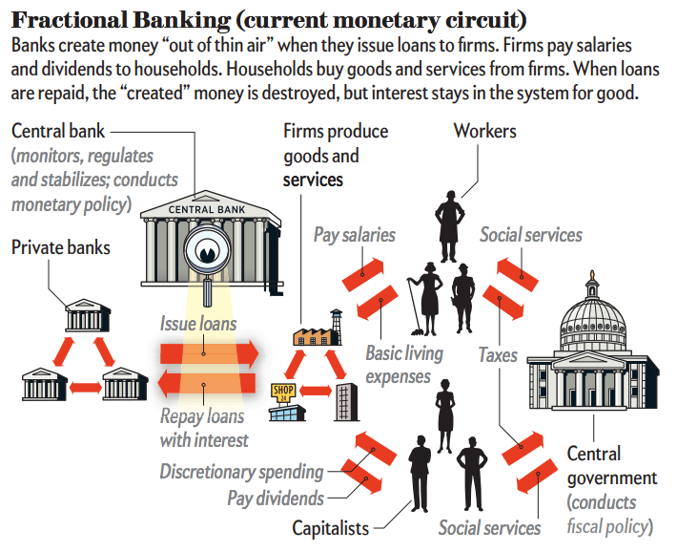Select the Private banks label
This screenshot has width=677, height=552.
(60, 248)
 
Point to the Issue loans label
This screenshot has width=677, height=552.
(198, 324)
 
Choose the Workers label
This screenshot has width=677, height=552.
(484, 130)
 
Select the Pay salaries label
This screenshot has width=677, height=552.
(355, 234)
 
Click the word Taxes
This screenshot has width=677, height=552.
(498, 355)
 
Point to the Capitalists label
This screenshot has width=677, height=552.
(330, 527)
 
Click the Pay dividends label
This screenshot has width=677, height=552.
(275, 497)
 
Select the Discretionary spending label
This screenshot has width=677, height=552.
(241, 471)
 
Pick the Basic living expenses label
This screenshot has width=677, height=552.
(404, 365)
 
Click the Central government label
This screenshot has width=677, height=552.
(611, 465)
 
